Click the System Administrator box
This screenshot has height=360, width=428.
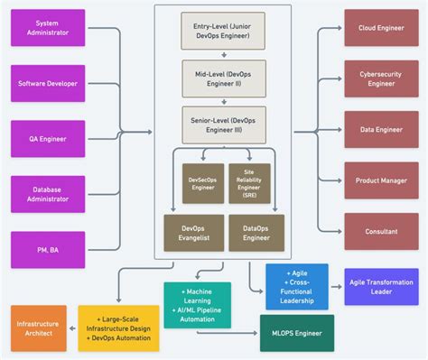click(x=48, y=28)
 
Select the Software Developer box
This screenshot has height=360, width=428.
click(x=48, y=83)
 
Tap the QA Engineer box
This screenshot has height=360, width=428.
click(x=48, y=139)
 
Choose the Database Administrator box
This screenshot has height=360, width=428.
click(x=48, y=194)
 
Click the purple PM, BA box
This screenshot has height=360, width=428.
click(x=48, y=250)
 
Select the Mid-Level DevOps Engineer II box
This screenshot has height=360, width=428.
click(x=223, y=78)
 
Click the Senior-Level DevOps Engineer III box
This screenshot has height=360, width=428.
click(x=223, y=125)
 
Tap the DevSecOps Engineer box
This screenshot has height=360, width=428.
click(x=202, y=183)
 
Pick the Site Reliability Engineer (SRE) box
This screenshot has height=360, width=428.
click(x=248, y=183)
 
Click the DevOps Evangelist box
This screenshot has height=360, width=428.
click(x=192, y=232)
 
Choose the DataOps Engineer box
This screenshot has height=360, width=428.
click(x=256, y=232)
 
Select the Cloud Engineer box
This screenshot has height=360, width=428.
click(x=380, y=28)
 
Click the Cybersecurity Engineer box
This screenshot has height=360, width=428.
click(x=380, y=78)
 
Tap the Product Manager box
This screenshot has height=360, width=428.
click(x=380, y=180)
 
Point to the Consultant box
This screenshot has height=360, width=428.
click(x=380, y=231)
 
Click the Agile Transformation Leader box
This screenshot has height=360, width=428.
click(x=381, y=286)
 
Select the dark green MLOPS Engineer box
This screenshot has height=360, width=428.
click(x=296, y=333)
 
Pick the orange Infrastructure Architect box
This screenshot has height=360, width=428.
click(x=39, y=328)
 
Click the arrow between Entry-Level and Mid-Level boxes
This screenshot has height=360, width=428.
click(x=223, y=53)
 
